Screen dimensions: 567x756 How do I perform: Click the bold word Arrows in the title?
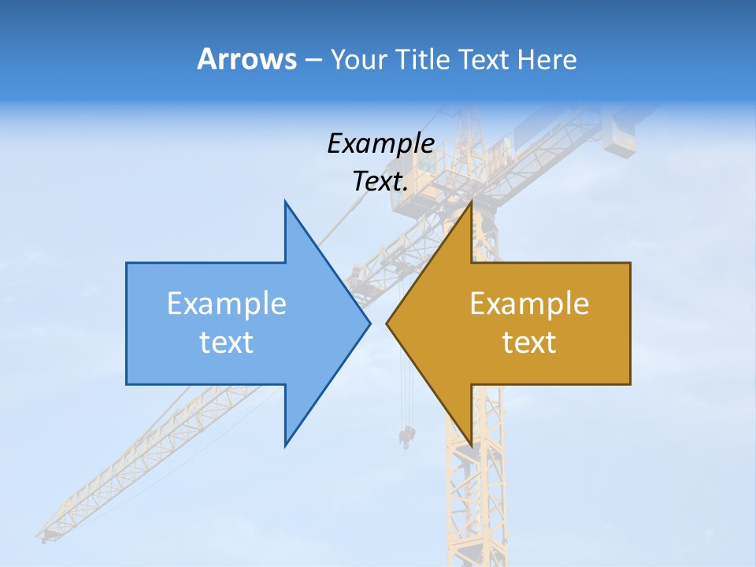tap(246, 59)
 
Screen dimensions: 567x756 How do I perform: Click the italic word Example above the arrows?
tap(380, 144)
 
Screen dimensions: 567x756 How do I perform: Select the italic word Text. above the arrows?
tap(380, 182)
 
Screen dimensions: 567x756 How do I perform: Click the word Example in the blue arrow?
tap(227, 303)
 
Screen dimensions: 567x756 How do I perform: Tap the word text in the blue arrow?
tap(227, 342)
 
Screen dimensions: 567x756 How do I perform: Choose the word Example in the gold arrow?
tap(529, 303)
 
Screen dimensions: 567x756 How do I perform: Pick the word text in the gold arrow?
tap(529, 342)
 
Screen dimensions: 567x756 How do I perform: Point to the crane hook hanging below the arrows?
tap(407, 435)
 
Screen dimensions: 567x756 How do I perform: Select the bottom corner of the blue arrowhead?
tap(286, 445)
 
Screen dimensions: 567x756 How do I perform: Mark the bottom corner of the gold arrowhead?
tap(471, 445)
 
